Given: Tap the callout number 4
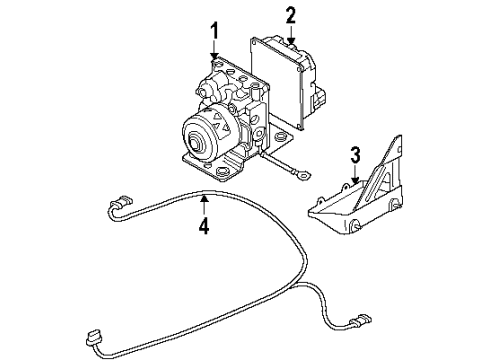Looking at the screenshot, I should [203, 225].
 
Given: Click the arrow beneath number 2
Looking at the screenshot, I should [290, 36].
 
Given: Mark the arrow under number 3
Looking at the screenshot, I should [351, 177].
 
